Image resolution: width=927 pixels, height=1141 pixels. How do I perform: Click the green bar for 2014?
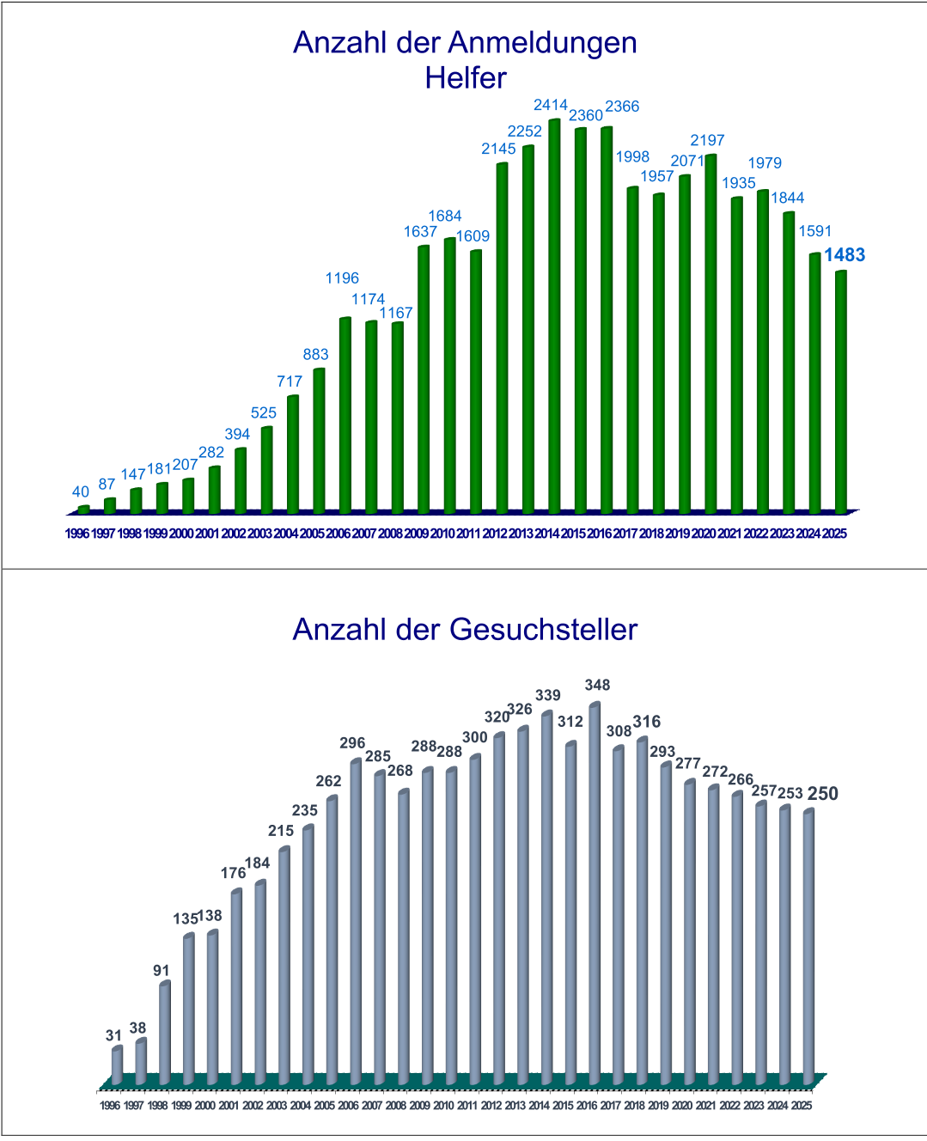554,318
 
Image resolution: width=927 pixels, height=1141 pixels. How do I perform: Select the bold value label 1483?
845,255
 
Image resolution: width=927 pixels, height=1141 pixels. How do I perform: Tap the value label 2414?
551,105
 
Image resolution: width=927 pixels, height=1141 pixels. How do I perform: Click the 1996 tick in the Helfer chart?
77,534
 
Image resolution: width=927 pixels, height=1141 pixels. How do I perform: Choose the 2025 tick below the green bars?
834,534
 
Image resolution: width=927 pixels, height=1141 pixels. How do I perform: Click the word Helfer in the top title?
466,78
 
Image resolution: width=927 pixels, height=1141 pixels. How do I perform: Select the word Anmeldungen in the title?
542,42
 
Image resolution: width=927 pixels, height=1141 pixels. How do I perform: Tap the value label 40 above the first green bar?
81,492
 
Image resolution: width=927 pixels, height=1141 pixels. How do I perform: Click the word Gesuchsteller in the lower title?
543,630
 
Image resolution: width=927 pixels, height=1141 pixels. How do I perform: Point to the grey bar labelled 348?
595,894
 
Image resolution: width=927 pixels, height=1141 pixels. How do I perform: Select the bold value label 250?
823,794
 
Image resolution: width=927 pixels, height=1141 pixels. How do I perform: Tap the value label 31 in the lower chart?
114,1036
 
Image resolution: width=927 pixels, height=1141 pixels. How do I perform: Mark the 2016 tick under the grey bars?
587,1106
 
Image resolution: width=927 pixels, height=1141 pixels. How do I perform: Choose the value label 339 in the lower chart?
548,696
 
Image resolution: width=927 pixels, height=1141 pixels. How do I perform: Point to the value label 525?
264,413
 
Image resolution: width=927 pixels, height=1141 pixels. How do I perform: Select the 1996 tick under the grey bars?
110,1106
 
